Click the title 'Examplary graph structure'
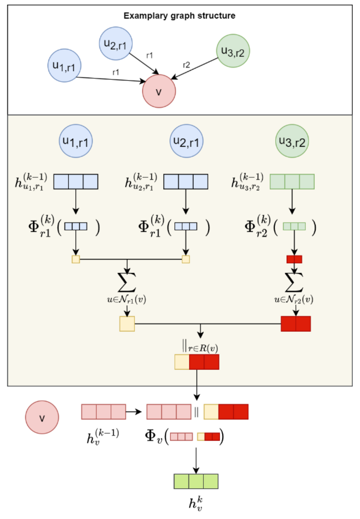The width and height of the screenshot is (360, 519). [179, 16]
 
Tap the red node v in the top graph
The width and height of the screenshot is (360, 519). [159, 91]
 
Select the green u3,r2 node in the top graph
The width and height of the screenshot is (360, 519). [233, 51]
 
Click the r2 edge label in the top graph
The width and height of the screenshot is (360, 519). [186, 65]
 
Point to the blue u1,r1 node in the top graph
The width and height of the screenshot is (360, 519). [64, 66]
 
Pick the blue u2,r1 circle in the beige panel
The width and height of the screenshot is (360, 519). [186, 141]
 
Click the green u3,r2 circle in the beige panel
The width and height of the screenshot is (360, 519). [292, 141]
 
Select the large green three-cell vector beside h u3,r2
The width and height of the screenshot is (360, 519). [292, 182]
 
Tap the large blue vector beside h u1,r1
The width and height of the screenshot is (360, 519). [76, 182]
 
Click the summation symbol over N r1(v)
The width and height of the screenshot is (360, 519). [127, 282]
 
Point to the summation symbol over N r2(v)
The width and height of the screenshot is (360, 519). [294, 282]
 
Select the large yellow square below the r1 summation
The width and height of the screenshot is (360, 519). [127, 324]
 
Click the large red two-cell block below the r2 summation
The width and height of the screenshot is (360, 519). [296, 324]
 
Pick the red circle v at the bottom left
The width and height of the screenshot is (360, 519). [42, 417]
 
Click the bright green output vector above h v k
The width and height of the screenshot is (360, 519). [196, 481]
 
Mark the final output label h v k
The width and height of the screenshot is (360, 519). [196, 504]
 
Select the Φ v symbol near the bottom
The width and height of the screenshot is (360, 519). [154, 436]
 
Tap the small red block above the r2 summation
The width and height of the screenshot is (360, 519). [294, 259]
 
